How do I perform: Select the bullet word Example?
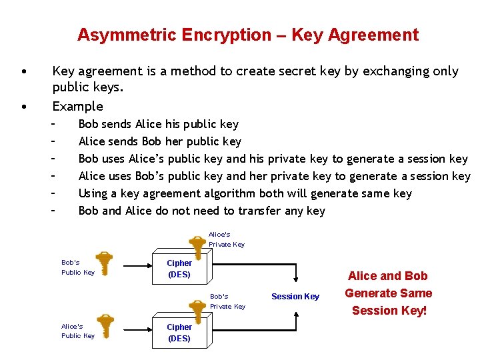(77, 106)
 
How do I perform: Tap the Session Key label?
(295, 296)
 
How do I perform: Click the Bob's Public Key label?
(77, 267)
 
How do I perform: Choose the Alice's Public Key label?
(77, 331)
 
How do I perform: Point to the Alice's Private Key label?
(227, 239)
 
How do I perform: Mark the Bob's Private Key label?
(227, 301)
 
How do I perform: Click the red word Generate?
(388, 293)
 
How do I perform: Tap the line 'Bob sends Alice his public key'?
(158, 124)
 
